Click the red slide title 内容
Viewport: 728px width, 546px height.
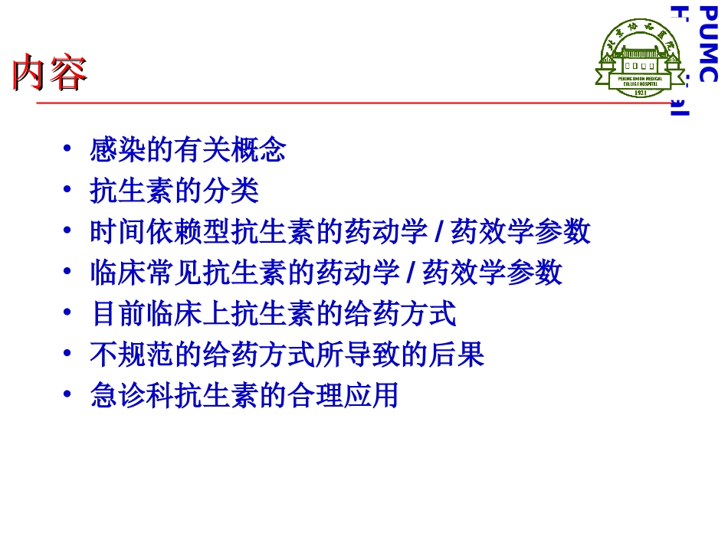(x=49, y=74)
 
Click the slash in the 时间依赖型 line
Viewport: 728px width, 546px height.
(x=438, y=230)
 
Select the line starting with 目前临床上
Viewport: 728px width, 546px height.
(x=273, y=313)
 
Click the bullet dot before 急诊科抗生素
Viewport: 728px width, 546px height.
(x=68, y=396)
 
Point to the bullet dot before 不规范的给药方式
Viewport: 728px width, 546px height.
(x=68, y=355)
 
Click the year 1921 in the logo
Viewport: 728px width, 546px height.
(x=634, y=92)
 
